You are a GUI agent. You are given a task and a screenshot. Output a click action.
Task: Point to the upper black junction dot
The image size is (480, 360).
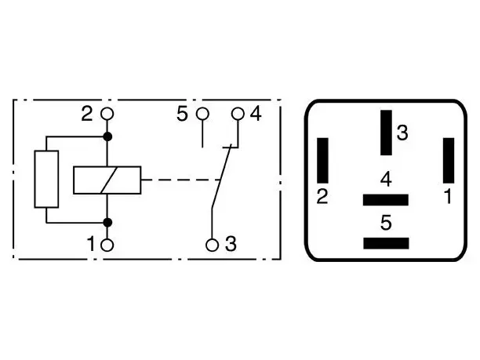(107, 136)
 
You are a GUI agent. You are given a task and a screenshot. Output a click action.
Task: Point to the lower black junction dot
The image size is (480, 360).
(107, 223)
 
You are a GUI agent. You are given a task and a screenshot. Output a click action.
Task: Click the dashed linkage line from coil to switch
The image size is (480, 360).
(180, 180)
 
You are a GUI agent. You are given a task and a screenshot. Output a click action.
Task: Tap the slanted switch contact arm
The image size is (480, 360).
(221, 177)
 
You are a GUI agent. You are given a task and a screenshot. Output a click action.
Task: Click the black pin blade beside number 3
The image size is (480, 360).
(387, 133)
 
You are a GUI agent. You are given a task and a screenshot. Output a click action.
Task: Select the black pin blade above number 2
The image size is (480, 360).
(322, 161)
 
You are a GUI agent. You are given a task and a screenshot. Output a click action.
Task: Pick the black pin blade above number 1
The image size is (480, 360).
(449, 161)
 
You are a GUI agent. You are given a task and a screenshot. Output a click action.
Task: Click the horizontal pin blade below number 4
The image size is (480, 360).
(386, 200)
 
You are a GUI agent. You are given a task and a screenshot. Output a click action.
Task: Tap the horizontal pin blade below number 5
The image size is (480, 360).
(386, 243)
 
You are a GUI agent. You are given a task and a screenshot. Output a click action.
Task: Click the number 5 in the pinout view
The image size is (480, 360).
(386, 223)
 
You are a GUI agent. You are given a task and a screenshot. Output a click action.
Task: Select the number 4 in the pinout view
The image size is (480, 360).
(386, 179)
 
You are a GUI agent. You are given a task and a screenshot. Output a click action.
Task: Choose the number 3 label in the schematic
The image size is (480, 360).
(231, 244)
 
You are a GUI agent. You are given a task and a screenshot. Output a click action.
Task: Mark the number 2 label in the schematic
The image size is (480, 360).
(86, 114)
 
